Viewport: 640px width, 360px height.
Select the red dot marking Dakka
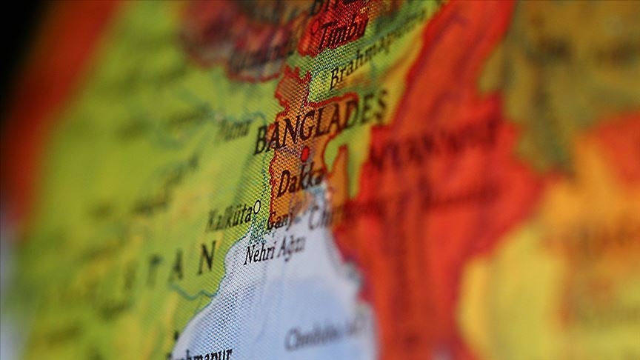(x=304, y=153)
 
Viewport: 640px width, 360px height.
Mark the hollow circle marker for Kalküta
(x=257, y=206)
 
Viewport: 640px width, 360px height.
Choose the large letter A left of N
(x=176, y=268)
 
